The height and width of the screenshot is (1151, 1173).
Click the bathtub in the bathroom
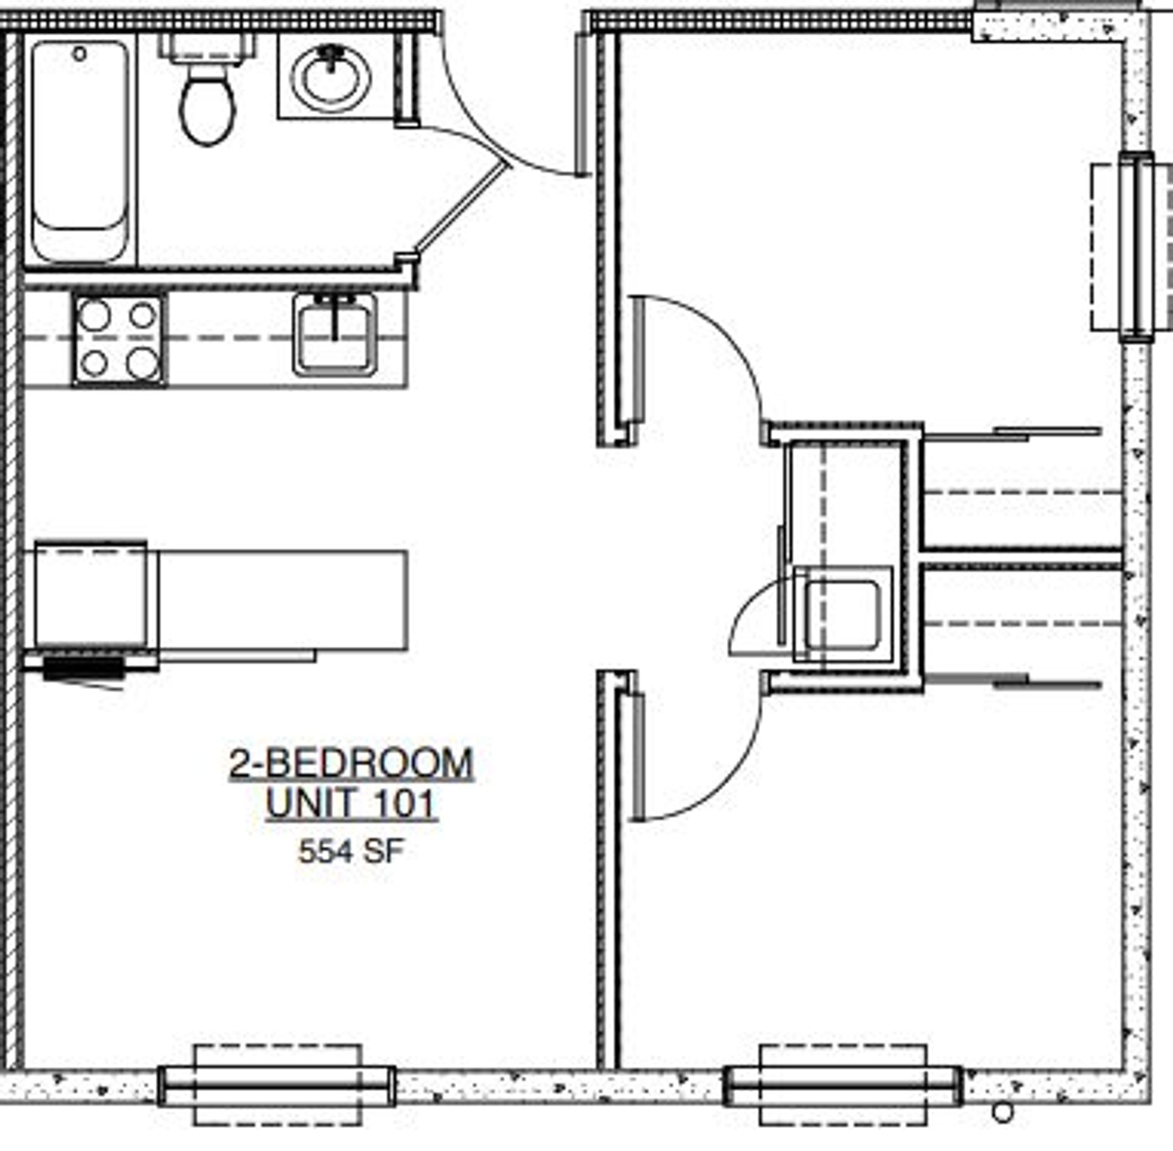click(80, 150)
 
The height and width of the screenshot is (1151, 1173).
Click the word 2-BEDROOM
click(351, 763)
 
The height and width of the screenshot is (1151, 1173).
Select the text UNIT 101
click(351, 804)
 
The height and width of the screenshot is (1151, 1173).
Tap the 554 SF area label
click(351, 851)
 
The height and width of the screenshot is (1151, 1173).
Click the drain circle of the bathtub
click(79, 54)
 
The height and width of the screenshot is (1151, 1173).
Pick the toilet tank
click(207, 46)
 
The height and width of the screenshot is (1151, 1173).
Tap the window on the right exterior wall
click(1136, 247)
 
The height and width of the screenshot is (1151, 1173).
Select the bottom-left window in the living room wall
click(277, 1087)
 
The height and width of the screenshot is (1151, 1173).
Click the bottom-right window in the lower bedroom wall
click(843, 1087)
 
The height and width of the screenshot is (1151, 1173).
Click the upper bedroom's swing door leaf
click(638, 360)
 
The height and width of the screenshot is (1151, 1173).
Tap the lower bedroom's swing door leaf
click(638, 758)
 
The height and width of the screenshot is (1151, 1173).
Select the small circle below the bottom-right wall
click(1003, 1112)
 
